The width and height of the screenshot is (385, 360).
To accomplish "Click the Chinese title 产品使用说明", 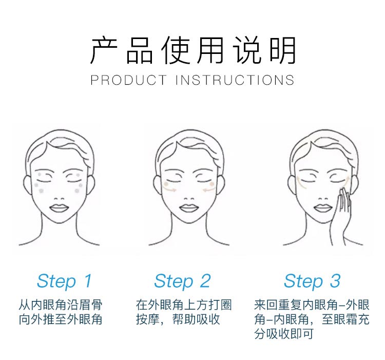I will pos(192,50).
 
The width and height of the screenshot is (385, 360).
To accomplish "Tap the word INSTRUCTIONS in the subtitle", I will pos(235,80).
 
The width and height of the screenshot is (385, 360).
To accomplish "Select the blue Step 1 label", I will pos(64,281).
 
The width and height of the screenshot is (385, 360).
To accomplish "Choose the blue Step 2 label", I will pos(182,281).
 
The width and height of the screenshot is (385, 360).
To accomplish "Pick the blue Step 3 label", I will pos(312,281).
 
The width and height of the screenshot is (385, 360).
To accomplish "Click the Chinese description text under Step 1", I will pos(61,312).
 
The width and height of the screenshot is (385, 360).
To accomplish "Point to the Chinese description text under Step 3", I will pos(312,319).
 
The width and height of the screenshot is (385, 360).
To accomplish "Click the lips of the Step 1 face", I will pos(60,208).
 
